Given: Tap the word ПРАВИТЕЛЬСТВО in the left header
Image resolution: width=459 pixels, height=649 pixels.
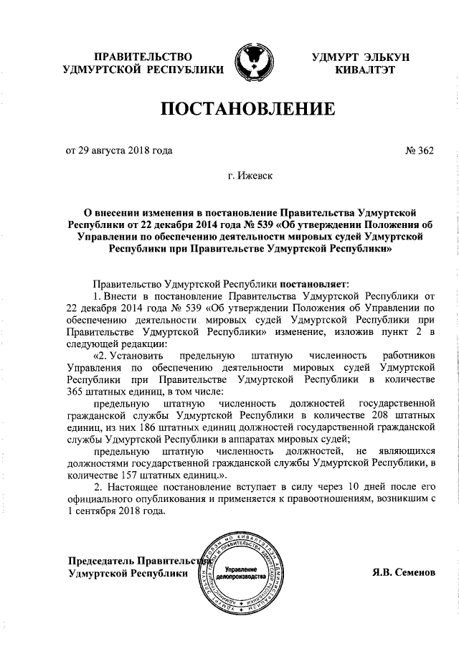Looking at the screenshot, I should (144, 57).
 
